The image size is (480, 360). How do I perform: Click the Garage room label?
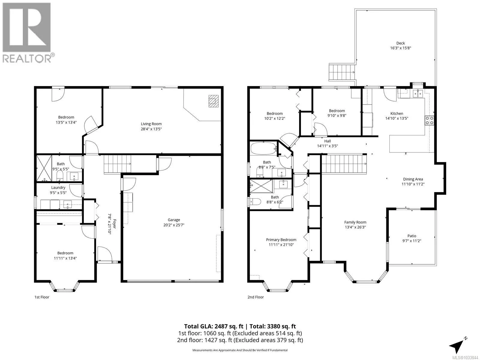point(174,220)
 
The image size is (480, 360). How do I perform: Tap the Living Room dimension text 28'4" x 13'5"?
point(151,129)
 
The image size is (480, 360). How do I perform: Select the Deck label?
point(400,43)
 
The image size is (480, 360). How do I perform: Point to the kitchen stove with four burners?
point(429,120)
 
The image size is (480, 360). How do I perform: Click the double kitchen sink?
point(418,93)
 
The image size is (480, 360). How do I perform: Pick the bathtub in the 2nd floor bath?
point(263,148)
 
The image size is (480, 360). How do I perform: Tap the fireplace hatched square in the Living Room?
point(213,101)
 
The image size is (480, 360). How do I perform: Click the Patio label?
point(412,236)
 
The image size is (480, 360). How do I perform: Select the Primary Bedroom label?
point(281,240)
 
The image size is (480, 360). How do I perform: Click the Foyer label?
point(114,224)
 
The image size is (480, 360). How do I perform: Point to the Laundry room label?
point(58,187)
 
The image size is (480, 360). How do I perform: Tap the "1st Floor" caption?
point(42,297)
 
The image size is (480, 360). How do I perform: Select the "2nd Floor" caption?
point(255,297)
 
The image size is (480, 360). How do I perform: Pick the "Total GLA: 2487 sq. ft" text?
point(213,326)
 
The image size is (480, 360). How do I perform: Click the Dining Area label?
point(413,179)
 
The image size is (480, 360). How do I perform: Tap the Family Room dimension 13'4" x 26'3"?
point(355,227)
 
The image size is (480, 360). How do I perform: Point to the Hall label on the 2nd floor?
point(327,141)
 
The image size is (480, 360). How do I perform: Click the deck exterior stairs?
point(342,72)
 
